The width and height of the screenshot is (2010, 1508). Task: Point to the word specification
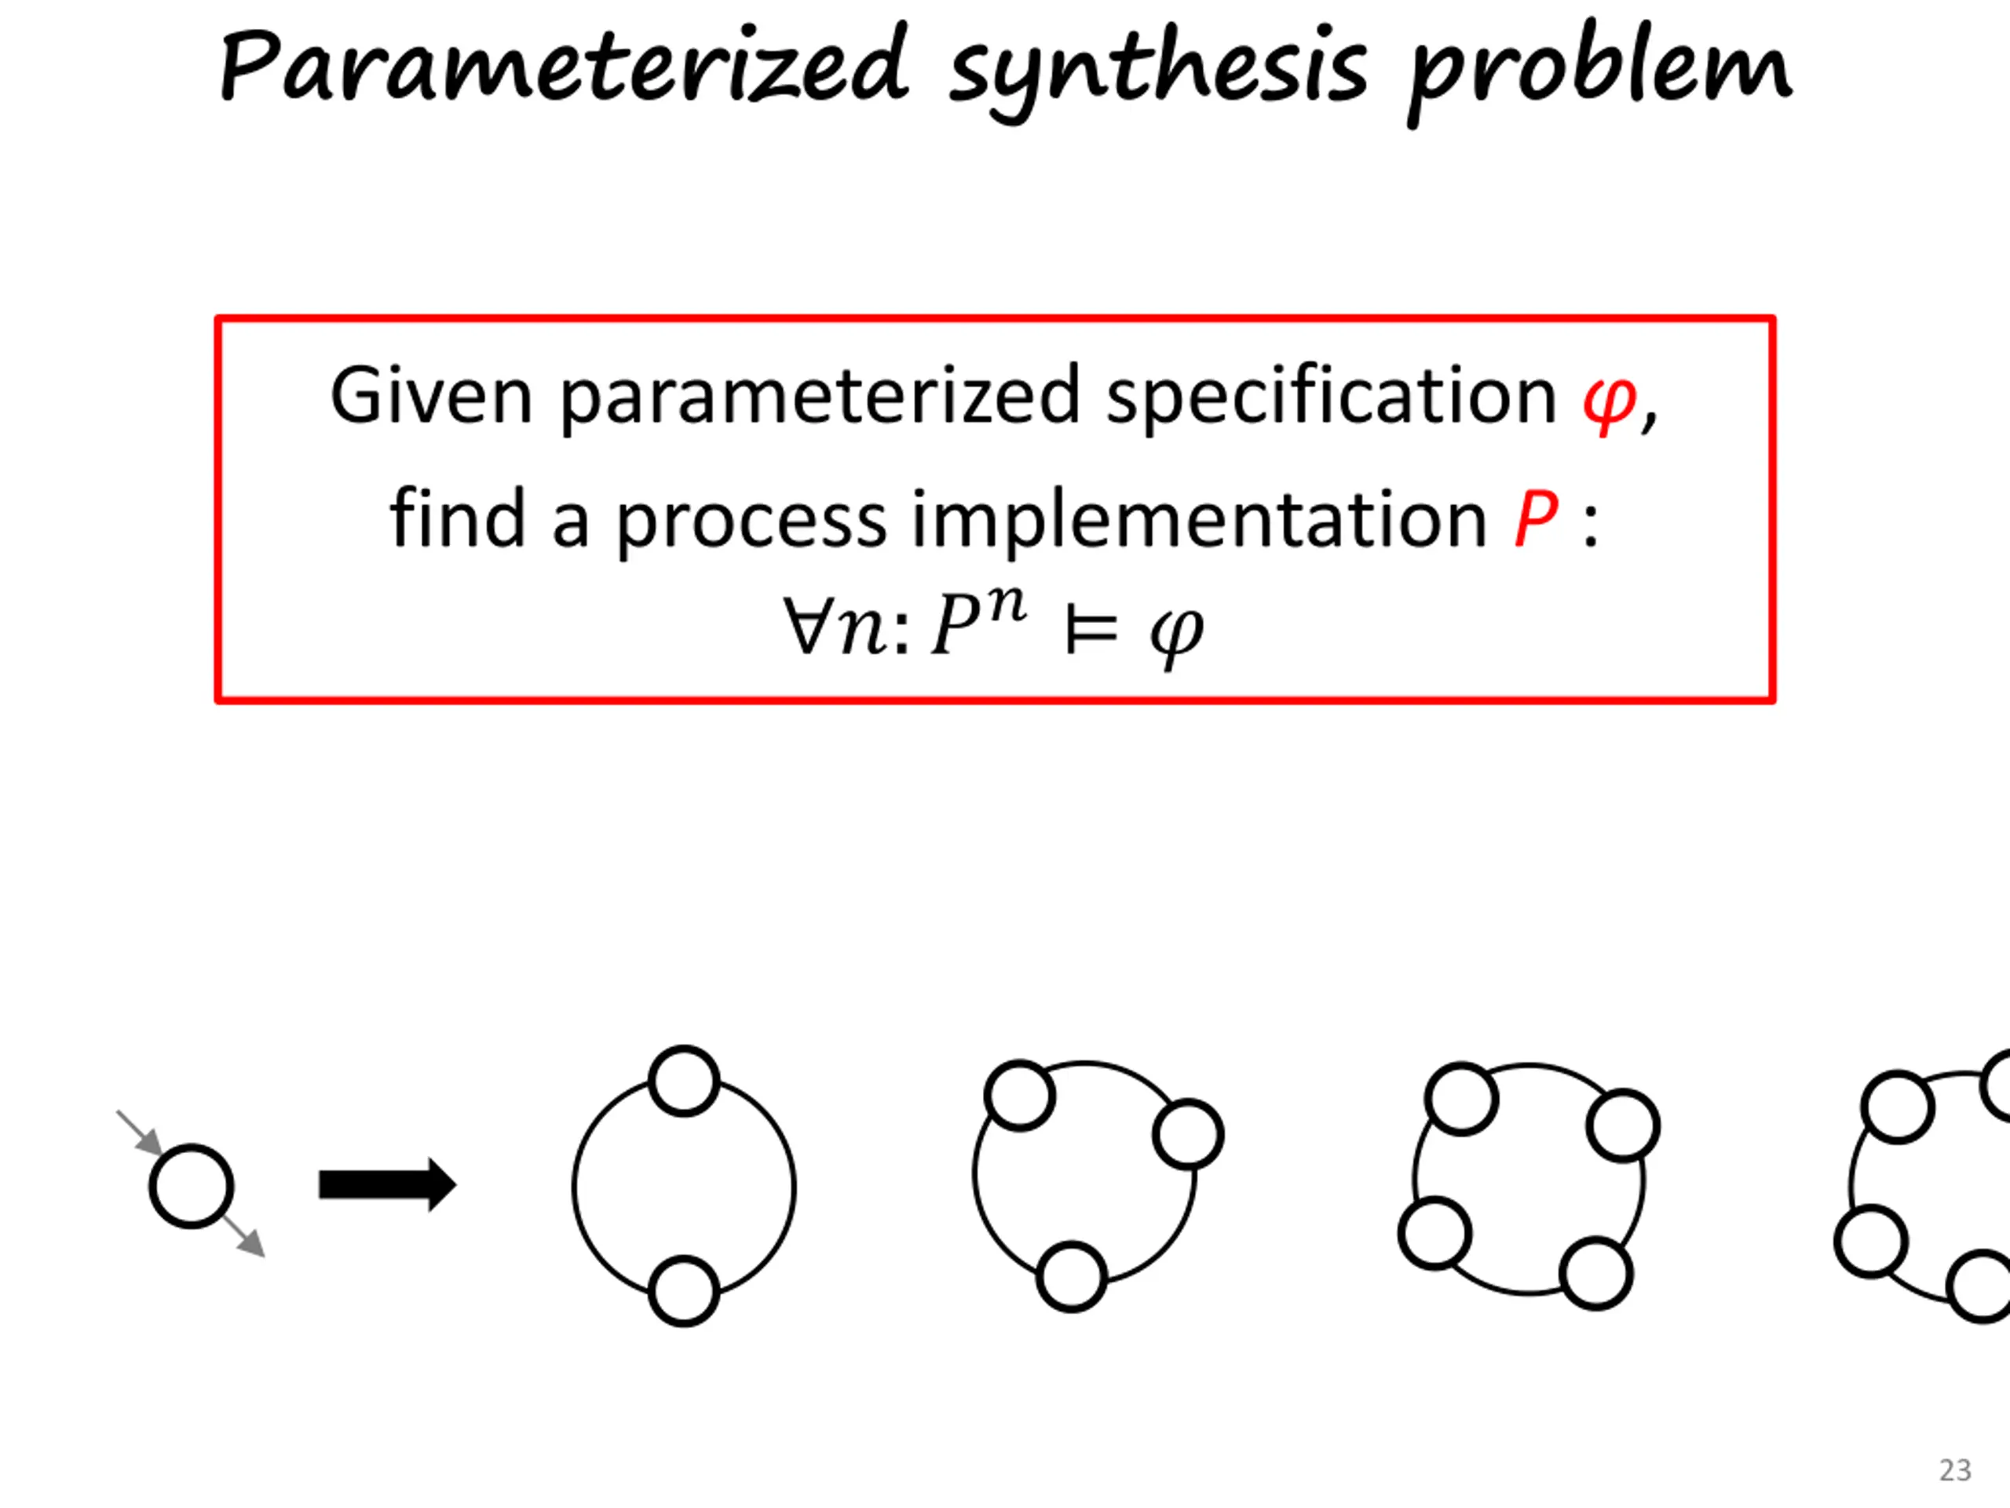[x=1331, y=397]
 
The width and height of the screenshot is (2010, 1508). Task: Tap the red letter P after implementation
[x=1536, y=519]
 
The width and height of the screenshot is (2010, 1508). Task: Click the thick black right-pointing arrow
[x=387, y=1184]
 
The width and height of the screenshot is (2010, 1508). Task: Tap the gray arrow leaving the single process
[x=243, y=1237]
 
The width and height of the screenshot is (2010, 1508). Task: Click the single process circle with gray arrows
[x=191, y=1186]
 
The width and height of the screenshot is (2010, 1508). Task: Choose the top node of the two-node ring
[x=684, y=1081]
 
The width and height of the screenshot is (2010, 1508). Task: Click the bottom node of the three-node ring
[x=1071, y=1276]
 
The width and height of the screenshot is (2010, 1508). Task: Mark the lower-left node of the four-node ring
[x=1434, y=1233]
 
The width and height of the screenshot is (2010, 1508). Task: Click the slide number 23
[x=1954, y=1470]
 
